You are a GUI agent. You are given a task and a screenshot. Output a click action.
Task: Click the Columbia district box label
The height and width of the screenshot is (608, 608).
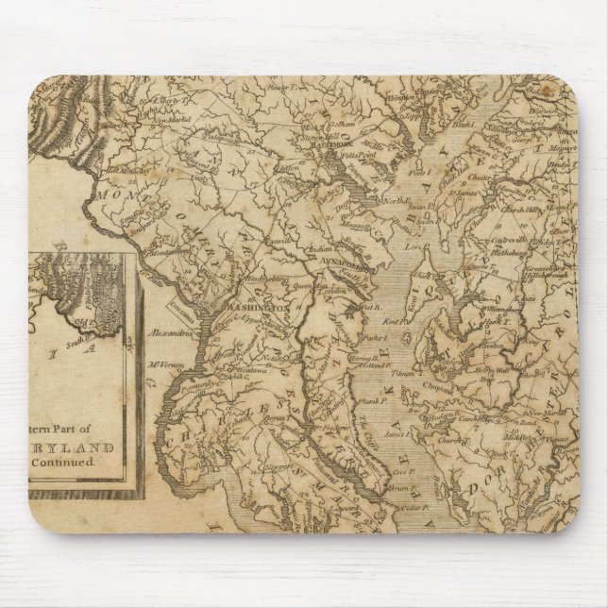coord(180,305)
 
